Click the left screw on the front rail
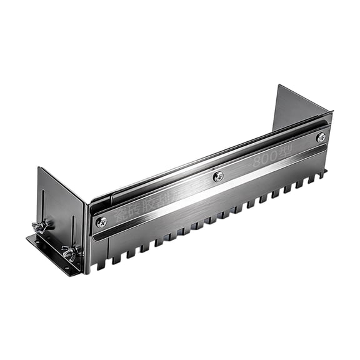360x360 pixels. (x=101, y=221)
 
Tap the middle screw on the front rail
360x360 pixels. (x=217, y=177)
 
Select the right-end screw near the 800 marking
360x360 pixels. (x=321, y=137)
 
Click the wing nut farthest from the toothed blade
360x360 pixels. (x=40, y=226)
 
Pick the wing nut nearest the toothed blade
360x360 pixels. (x=69, y=252)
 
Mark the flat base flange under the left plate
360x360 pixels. (x=50, y=253)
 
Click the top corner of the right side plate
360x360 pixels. (x=279, y=86)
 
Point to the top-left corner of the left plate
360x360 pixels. (x=39, y=167)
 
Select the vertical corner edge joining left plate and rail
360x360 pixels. (x=85, y=231)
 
